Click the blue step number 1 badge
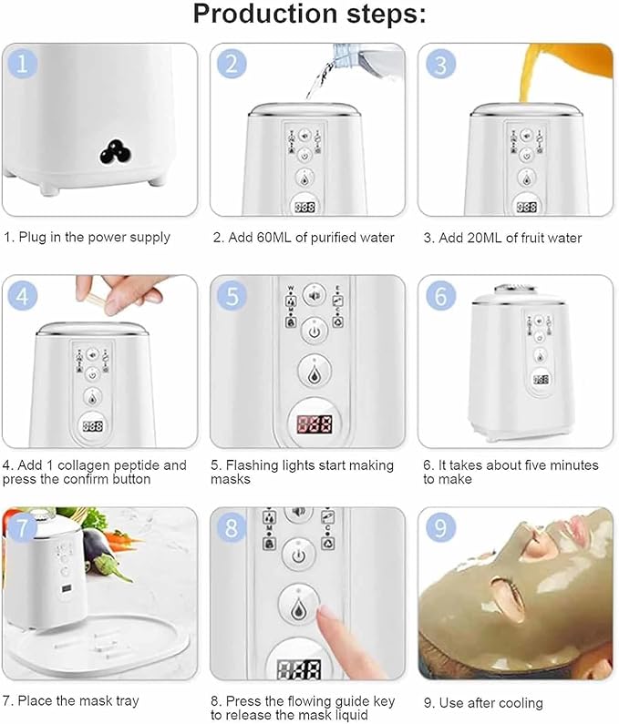coord(22,64)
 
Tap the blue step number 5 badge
coord(232,296)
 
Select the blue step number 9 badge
coord(439,527)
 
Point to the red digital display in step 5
coord(315,423)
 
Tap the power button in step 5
coord(315,331)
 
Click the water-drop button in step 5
coord(315,372)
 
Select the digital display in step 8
coord(300,669)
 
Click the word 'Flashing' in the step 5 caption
coord(251,465)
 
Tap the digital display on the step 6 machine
coord(541,380)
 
